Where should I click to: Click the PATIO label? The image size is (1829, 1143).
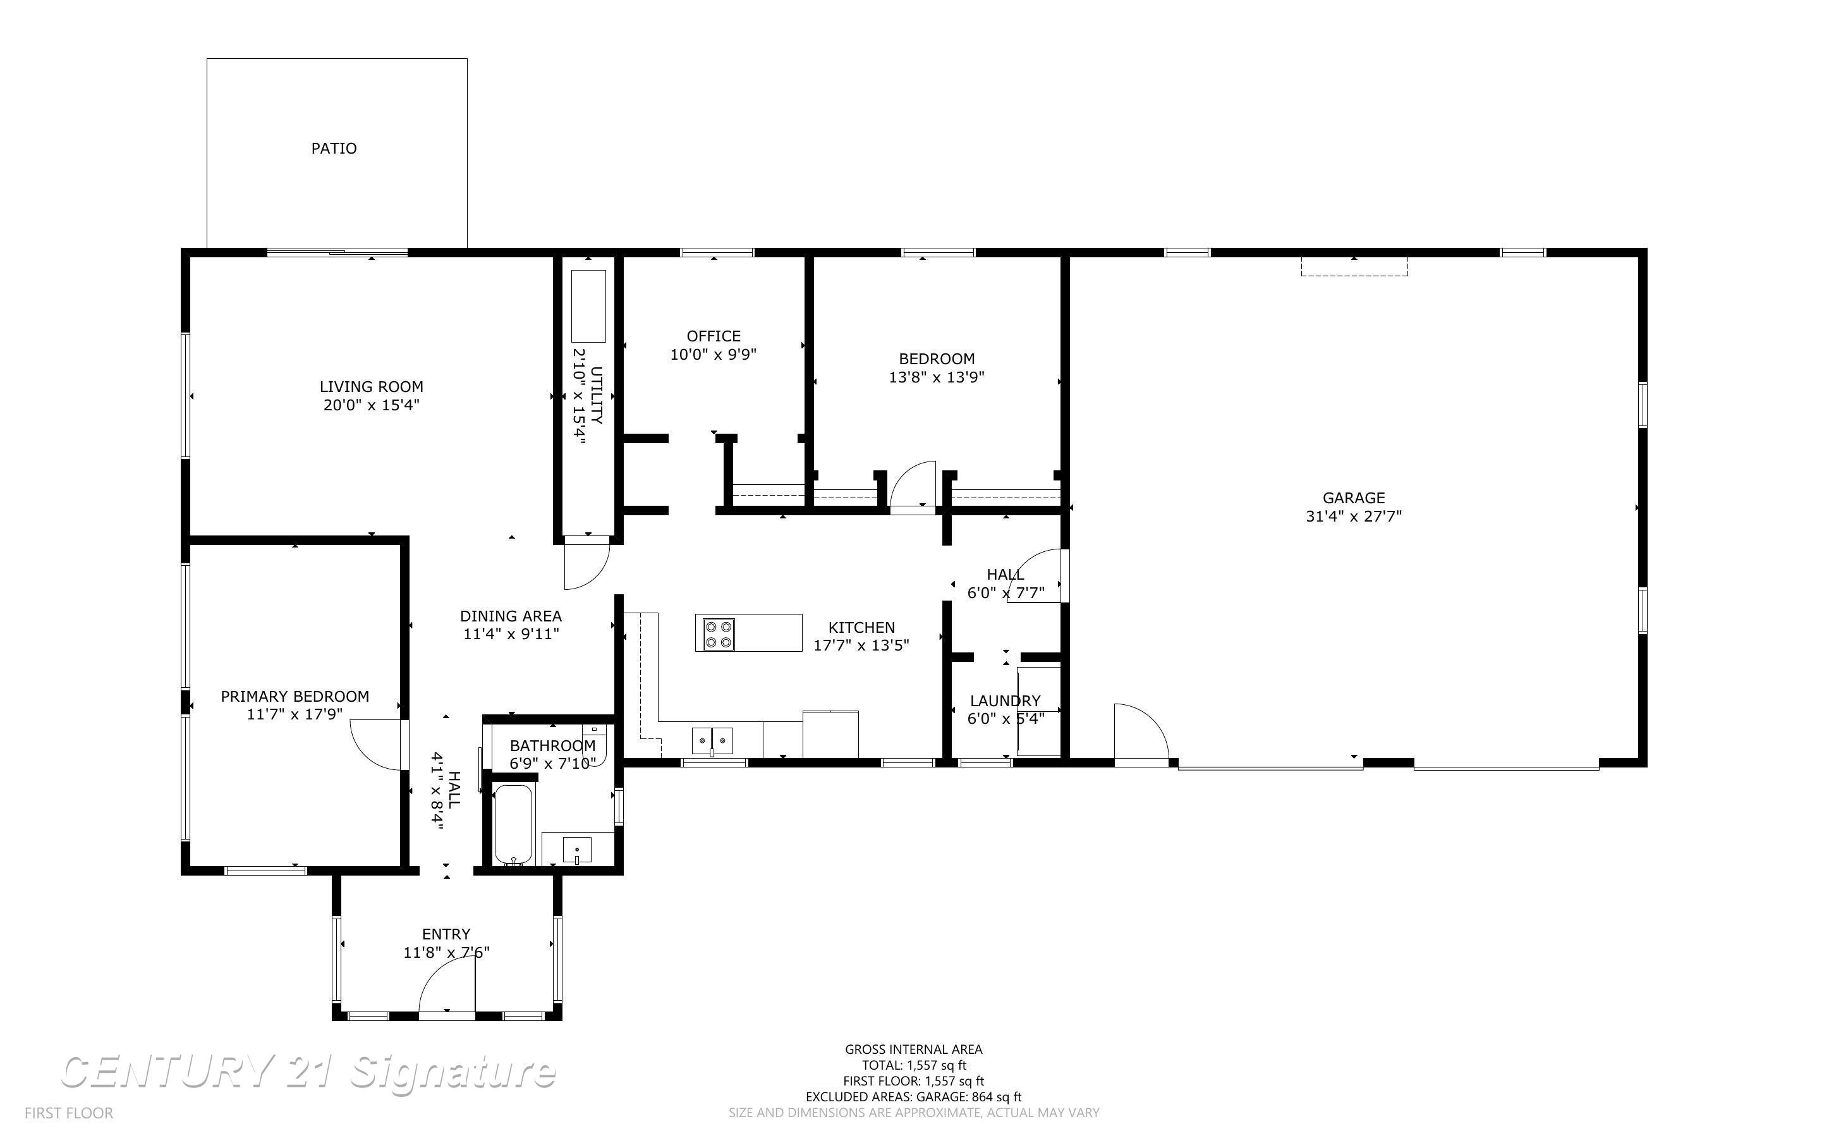(334, 148)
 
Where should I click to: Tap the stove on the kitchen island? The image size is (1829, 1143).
(718, 633)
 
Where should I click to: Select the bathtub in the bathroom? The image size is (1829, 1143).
(514, 824)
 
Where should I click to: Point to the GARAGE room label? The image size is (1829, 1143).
(1353, 498)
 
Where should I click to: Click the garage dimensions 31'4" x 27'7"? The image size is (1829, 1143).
(1353, 517)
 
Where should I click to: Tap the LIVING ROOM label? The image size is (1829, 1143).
(371, 387)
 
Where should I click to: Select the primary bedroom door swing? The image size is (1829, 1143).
(375, 745)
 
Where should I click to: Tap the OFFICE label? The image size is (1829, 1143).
(713, 336)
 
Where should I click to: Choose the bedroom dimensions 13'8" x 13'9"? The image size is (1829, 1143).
(936, 377)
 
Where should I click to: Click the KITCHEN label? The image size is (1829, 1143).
(861, 627)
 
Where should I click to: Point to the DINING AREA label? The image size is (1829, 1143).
(511, 616)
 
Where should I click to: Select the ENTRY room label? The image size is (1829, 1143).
(446, 934)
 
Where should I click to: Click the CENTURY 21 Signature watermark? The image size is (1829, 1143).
(308, 1072)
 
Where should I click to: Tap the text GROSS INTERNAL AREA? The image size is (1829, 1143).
(913, 1049)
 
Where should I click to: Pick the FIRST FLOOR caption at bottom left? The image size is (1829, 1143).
(69, 1113)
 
